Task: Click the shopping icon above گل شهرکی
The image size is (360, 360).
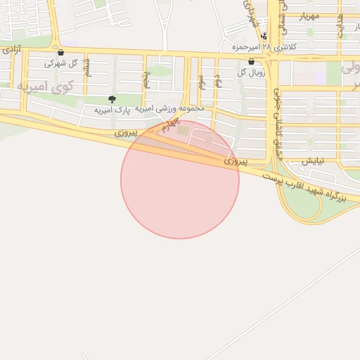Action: pyautogui.click(x=60, y=52)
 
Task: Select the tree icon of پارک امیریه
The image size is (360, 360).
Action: pyautogui.click(x=112, y=99)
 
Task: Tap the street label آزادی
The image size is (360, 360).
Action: pyautogui.click(x=11, y=51)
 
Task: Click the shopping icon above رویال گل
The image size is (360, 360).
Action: pyautogui.click(x=251, y=61)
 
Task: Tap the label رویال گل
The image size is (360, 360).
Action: pyautogui.click(x=251, y=72)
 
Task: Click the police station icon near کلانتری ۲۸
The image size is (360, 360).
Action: pyautogui.click(x=264, y=36)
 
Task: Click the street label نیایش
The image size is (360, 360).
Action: pyautogui.click(x=313, y=160)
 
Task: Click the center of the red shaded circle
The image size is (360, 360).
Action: pyautogui.click(x=180, y=179)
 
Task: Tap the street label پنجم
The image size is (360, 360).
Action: pyautogui.click(x=146, y=78)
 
